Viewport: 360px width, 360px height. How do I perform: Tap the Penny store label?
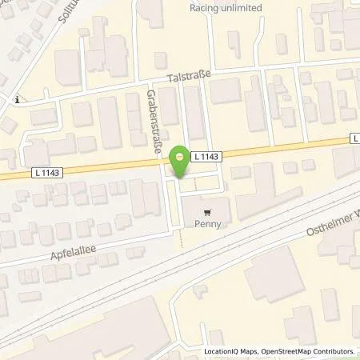(210, 225)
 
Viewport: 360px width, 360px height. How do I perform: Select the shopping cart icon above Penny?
(210, 213)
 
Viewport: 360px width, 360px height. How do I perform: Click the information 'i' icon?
(17, 100)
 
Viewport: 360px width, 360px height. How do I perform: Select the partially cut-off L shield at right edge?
(354, 138)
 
